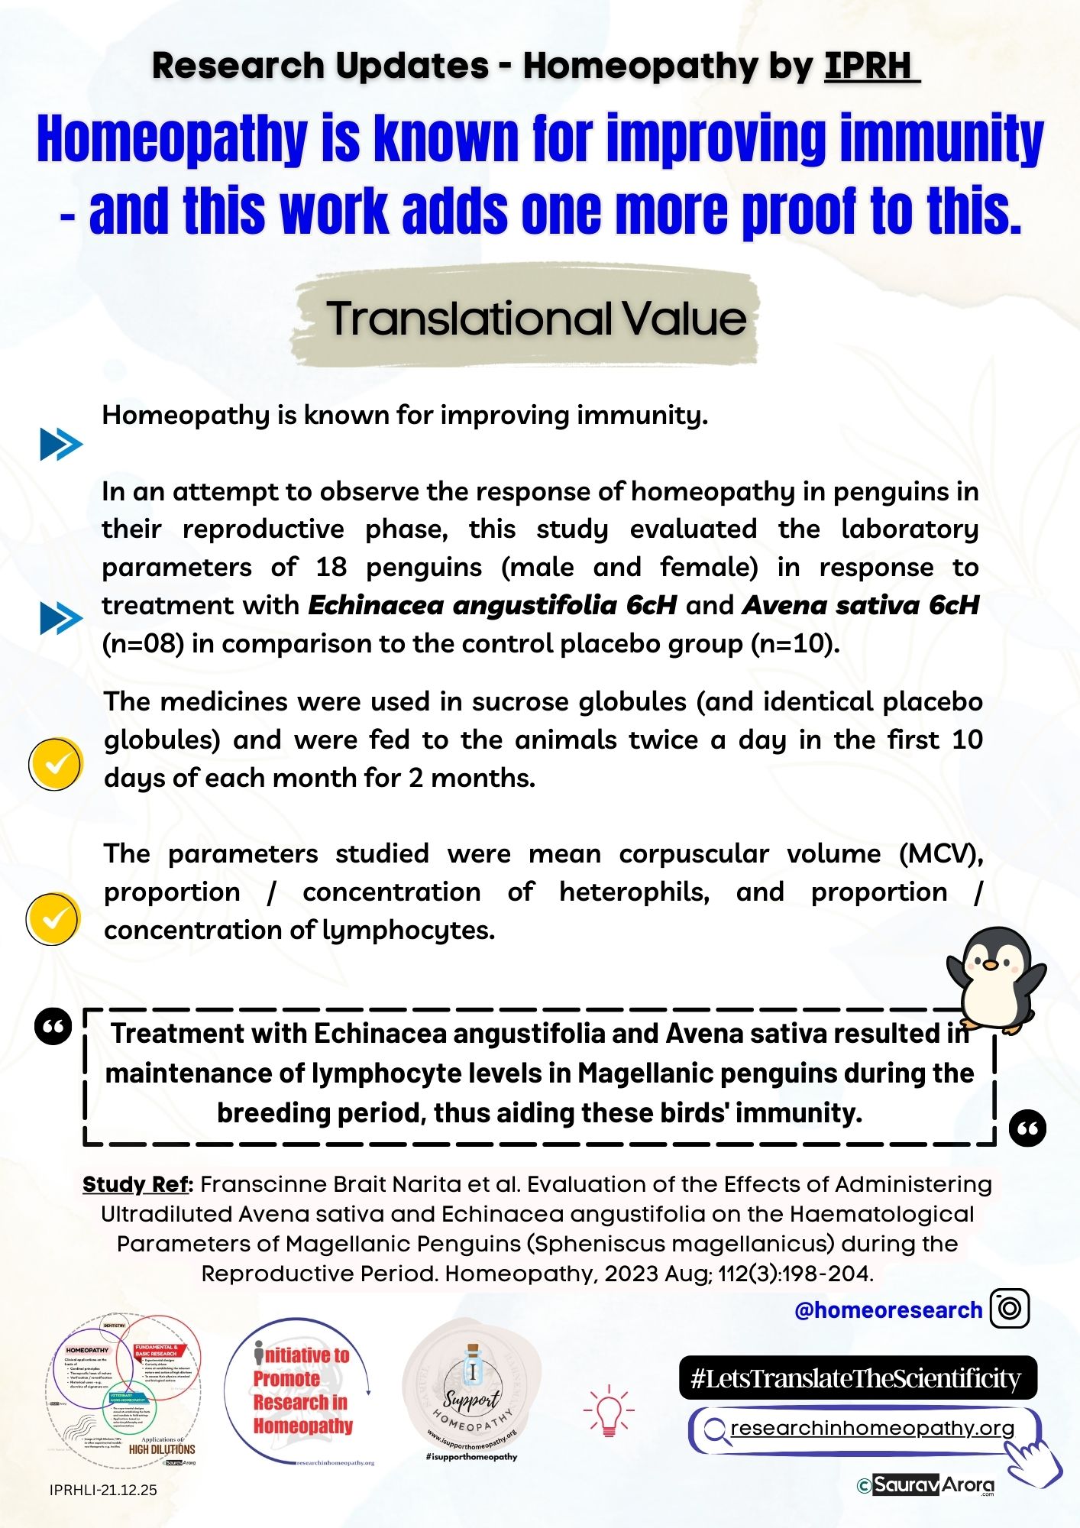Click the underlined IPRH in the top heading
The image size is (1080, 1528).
coord(871,66)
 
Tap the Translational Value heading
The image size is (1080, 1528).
coord(535,318)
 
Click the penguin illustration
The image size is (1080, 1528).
coord(994,979)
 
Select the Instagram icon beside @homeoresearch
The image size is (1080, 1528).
coord(1009,1309)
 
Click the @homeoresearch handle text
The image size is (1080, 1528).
coord(888,1310)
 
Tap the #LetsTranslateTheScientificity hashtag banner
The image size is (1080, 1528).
coord(856,1377)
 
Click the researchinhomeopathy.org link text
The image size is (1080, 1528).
coord(871,1428)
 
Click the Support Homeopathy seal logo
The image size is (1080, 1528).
coord(471,1389)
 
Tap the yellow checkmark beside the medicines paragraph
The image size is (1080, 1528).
coord(55,763)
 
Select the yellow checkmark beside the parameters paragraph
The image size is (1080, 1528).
coord(53,918)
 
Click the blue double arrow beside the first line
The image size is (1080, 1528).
coord(60,444)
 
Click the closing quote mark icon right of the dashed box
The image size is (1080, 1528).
coord(1027,1128)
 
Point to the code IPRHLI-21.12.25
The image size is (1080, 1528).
coord(103,1490)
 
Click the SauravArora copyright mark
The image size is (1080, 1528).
coord(926,1484)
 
